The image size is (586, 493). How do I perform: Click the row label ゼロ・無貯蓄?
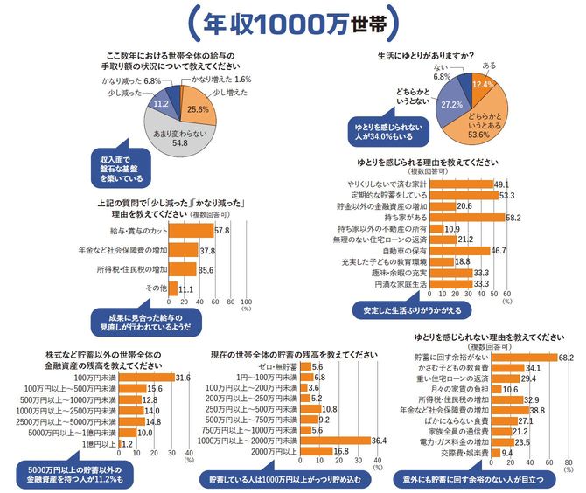pyautogui.click(x=275, y=368)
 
